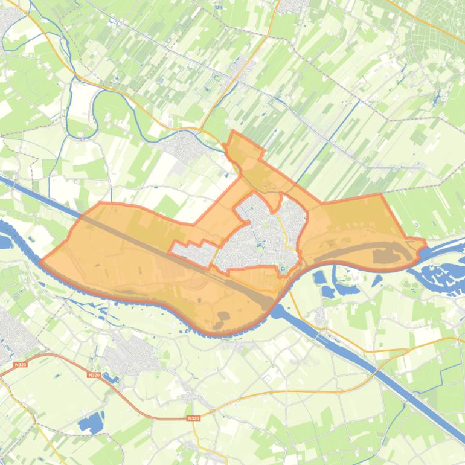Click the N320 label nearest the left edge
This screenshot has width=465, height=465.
[x=20, y=364]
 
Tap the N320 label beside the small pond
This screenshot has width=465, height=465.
[x=93, y=375]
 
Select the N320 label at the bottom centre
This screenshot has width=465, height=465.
[x=193, y=418]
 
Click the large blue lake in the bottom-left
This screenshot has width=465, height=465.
[x=91, y=422]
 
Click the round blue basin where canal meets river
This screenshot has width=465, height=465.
[x=278, y=311]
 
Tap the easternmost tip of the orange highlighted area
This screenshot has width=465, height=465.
[x=425, y=244]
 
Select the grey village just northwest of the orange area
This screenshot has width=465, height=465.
[x=184, y=144]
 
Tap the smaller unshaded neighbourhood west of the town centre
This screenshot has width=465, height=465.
[x=194, y=252]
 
